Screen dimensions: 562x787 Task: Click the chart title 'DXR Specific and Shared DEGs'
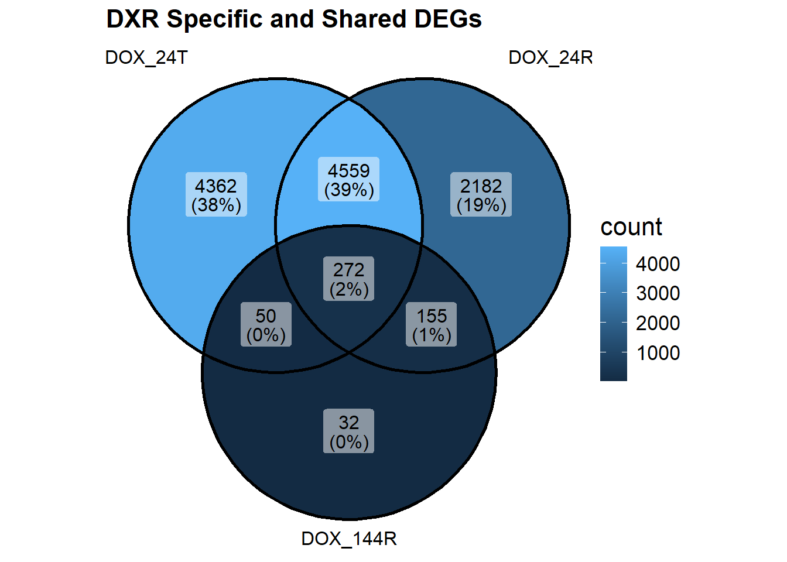tap(294, 19)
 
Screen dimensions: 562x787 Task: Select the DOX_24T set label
tap(146, 58)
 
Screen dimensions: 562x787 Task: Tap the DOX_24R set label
tap(550, 58)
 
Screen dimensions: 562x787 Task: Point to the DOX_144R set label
tap(349, 539)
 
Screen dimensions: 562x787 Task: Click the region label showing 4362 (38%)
tap(216, 195)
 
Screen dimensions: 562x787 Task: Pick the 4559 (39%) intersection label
tap(349, 180)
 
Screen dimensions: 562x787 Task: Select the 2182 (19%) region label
tap(481, 195)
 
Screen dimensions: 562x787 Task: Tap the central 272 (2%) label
tap(349, 279)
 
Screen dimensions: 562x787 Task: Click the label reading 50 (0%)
tap(266, 325)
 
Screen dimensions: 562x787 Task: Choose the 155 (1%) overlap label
tap(432, 325)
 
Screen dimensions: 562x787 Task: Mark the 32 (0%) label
tap(349, 431)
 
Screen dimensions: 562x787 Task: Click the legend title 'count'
tap(631, 227)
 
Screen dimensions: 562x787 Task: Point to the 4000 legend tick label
tap(658, 264)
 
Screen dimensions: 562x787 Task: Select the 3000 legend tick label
tap(658, 293)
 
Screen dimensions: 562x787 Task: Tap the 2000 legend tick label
tap(658, 323)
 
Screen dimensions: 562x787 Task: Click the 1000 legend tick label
tap(658, 353)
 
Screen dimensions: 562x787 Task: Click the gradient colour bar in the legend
tap(613, 314)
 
